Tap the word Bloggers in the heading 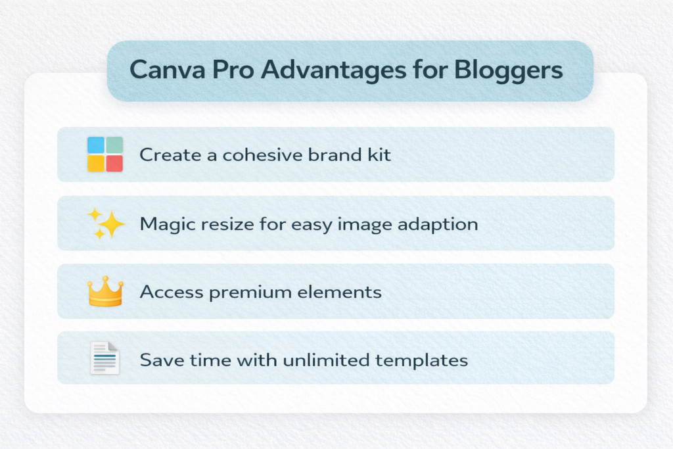(515, 70)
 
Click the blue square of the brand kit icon (96, 145)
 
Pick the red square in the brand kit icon (114, 163)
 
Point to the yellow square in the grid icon (96, 163)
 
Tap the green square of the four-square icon (114, 145)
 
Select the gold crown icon (105, 291)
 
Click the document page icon (105, 358)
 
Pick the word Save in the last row (156, 360)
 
